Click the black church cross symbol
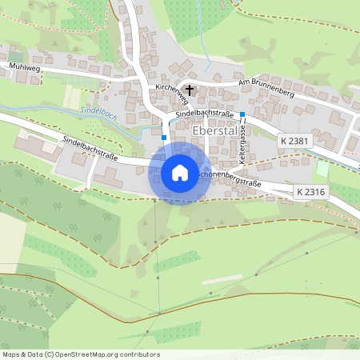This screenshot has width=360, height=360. (190, 90)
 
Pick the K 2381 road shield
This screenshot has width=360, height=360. (294, 141)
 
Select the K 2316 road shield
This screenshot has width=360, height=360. (310, 192)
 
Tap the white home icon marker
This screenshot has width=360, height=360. (180, 172)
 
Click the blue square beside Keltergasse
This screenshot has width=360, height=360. (242, 115)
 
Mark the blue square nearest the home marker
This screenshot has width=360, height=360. (164, 138)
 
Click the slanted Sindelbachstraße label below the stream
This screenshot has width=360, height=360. (90, 150)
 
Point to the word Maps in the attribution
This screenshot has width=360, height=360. (11, 354)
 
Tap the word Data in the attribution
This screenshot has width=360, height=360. (34, 354)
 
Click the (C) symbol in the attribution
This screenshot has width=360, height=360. (50, 354)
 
